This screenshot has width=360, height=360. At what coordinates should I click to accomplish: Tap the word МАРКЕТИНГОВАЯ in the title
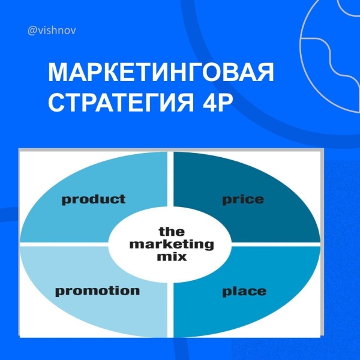161,73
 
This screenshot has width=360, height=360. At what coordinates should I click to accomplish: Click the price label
243,200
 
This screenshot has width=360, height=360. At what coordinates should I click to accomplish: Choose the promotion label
97,292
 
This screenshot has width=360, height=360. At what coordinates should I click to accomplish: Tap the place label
244,293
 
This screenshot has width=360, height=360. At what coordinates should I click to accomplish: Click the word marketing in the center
172,244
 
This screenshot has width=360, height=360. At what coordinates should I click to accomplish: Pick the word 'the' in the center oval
172,232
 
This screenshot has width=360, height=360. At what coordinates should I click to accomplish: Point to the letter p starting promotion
59,293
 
